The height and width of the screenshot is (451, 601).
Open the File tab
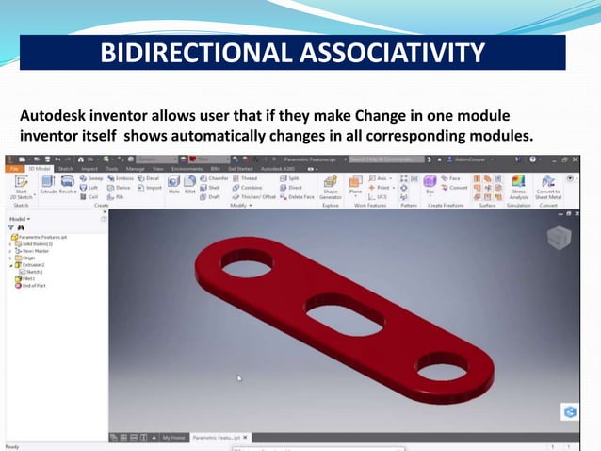click(x=14, y=168)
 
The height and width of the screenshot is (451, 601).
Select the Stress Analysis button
click(x=518, y=186)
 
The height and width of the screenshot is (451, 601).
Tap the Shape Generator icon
click(x=330, y=186)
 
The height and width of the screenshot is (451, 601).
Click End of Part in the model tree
click(x=36, y=286)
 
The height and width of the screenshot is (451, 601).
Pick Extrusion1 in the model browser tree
click(x=36, y=265)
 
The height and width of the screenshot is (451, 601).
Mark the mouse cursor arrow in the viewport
click(x=239, y=378)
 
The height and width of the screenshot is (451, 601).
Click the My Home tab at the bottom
click(x=173, y=438)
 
